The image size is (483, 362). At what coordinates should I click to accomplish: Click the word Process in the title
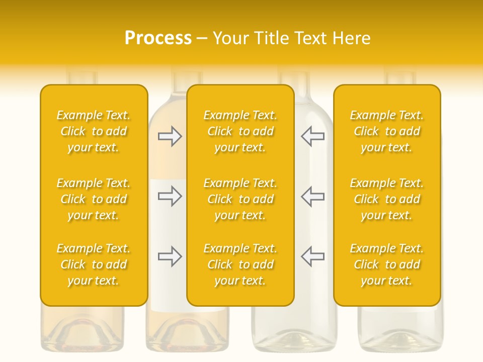(158, 38)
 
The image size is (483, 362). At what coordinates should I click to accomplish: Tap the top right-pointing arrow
(170, 136)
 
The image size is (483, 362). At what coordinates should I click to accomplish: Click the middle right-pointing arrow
(170, 196)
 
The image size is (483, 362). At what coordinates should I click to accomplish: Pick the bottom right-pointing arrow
(170, 256)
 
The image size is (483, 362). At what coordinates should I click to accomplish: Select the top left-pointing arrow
(312, 136)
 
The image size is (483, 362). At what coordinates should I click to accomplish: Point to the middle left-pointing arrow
(312, 196)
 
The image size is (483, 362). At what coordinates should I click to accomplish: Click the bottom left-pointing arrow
(312, 256)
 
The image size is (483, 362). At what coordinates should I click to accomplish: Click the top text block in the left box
(94, 131)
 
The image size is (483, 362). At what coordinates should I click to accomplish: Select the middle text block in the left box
(94, 199)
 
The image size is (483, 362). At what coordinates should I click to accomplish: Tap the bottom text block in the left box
(94, 264)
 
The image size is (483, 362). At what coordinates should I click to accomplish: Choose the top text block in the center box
(240, 131)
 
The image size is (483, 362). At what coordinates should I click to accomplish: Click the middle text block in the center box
(240, 199)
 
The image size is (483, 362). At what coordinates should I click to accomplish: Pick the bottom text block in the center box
(240, 264)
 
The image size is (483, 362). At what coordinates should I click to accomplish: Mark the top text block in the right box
(386, 131)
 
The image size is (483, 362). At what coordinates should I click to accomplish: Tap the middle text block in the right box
(386, 199)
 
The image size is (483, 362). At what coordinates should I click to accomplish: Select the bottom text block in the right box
(386, 264)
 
